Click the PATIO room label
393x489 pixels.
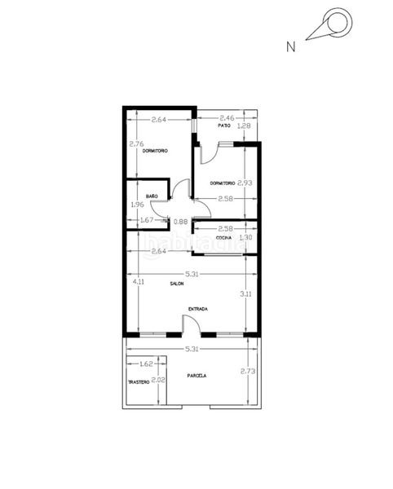pos(223,126)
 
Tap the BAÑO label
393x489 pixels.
pos(152,196)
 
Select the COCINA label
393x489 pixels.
pos(224,237)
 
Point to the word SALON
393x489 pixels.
pos(177,284)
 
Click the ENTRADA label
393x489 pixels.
pos(197,309)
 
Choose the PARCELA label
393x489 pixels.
pos(196,376)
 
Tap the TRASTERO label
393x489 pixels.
pos(138,382)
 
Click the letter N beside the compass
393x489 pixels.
pos(290,47)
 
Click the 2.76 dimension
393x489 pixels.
pos(136,144)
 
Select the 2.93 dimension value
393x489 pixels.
pos(245,183)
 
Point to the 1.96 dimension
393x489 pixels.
pos(136,205)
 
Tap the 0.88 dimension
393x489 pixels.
pos(181,222)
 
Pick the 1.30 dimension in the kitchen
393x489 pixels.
pos(245,237)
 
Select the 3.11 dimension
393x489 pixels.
pos(245,293)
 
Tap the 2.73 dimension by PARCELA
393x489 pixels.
pos(247,372)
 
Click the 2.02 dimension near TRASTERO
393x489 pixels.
pos(159,380)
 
